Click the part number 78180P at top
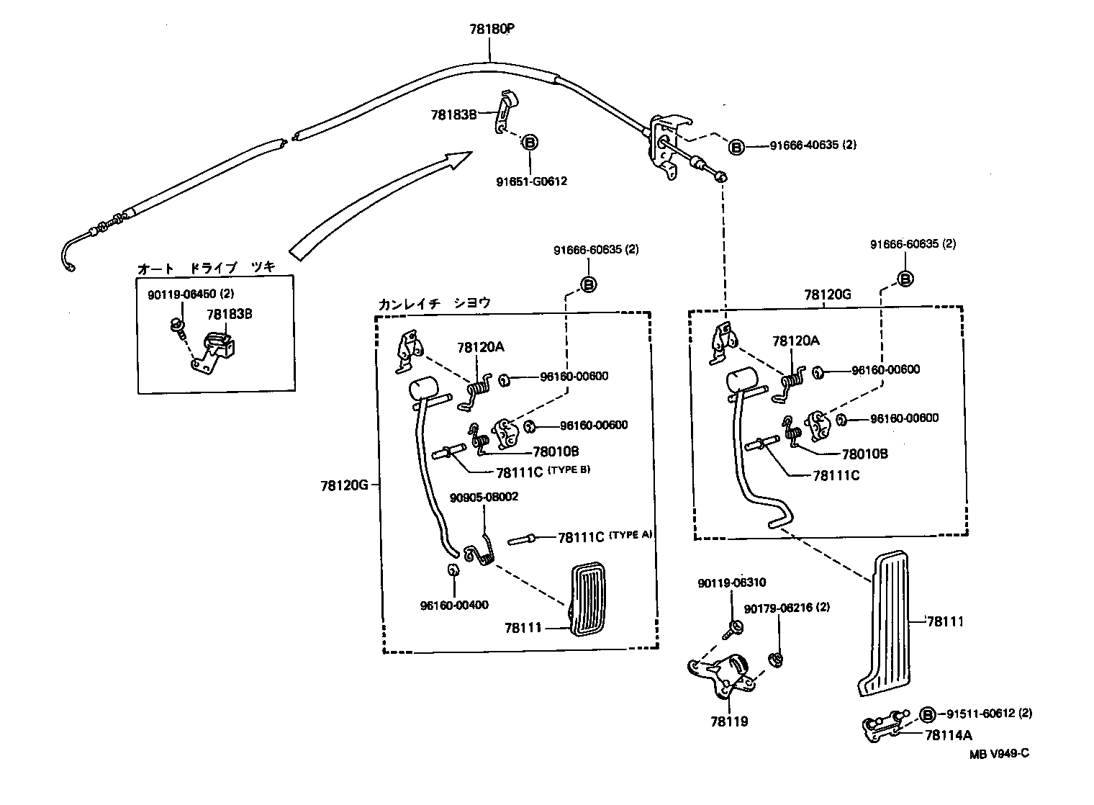pyautogui.click(x=492, y=30)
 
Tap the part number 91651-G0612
pyautogui.click(x=531, y=181)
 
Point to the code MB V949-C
pyautogui.click(x=998, y=754)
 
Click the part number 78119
pyautogui.click(x=728, y=721)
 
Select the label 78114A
pyautogui.click(x=949, y=735)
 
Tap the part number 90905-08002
pyautogui.click(x=484, y=498)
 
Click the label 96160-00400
pyautogui.click(x=454, y=605)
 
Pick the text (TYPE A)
pyautogui.click(x=630, y=535)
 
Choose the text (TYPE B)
pyautogui.click(x=569, y=470)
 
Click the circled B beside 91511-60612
pyautogui.click(x=928, y=714)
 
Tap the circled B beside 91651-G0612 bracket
pyautogui.click(x=529, y=143)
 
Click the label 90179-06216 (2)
pyautogui.click(x=787, y=608)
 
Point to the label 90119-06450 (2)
pyautogui.click(x=191, y=294)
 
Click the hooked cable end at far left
pyautogui.click(x=65, y=257)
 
